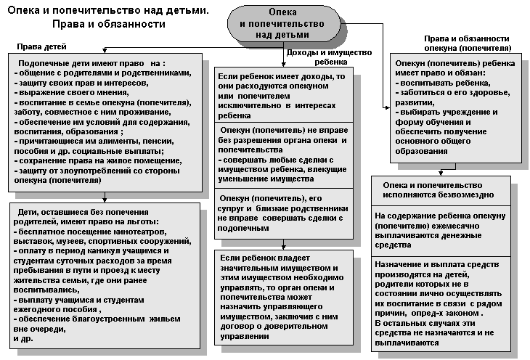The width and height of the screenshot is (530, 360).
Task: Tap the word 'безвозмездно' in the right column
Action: pos(464,195)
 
